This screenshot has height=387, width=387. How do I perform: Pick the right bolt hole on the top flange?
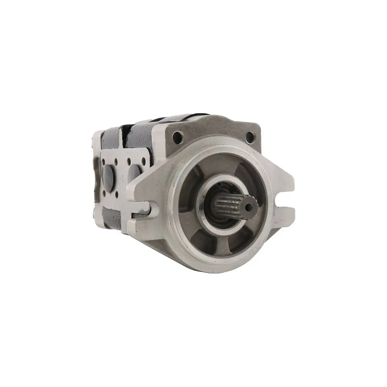tap(250, 136)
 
